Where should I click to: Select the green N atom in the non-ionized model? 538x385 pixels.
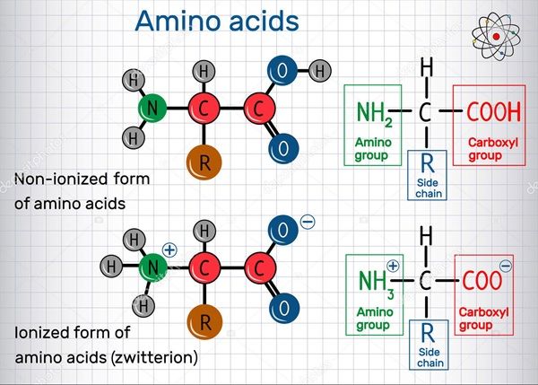point(153,109)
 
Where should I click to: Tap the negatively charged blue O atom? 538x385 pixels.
point(283,230)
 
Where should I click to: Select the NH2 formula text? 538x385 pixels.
point(373,113)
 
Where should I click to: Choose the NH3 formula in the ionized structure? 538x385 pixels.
point(373,281)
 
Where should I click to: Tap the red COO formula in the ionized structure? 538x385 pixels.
point(482,281)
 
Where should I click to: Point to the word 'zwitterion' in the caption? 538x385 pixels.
point(157,357)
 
